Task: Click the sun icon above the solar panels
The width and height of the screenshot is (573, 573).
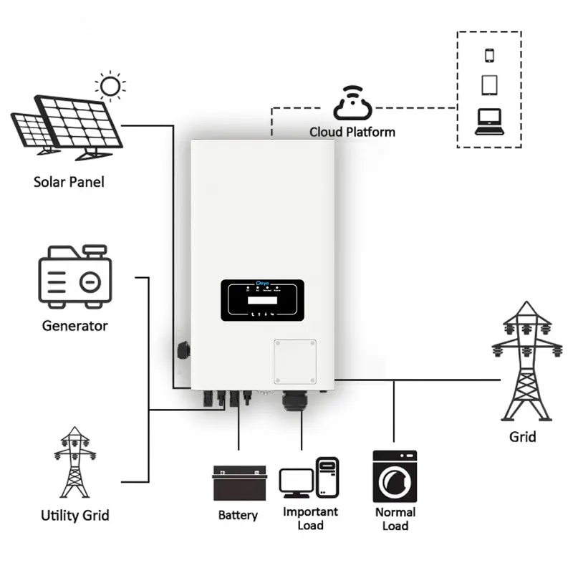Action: click(x=110, y=87)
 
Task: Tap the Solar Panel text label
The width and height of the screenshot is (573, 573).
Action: click(x=69, y=182)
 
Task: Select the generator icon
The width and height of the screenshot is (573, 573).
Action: click(x=74, y=276)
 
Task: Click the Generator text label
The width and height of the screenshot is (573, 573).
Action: click(x=74, y=326)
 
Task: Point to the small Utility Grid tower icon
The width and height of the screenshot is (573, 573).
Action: click(x=74, y=463)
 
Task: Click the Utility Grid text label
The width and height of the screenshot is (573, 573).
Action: click(x=74, y=515)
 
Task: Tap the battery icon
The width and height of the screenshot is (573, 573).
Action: click(x=239, y=483)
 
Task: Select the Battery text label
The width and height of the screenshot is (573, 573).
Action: click(x=238, y=515)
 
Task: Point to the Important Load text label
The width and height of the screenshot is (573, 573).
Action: click(x=310, y=519)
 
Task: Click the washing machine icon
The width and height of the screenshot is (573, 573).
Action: click(x=395, y=476)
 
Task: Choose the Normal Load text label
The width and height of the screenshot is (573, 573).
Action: click(x=395, y=519)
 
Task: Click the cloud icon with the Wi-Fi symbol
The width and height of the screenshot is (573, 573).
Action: click(x=352, y=105)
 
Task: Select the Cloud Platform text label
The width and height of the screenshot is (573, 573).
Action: click(x=352, y=132)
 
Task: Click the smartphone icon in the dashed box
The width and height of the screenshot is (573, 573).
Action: click(x=490, y=55)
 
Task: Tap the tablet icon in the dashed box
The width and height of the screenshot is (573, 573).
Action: click(x=490, y=85)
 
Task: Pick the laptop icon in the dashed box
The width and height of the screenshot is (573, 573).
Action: click(x=490, y=122)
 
